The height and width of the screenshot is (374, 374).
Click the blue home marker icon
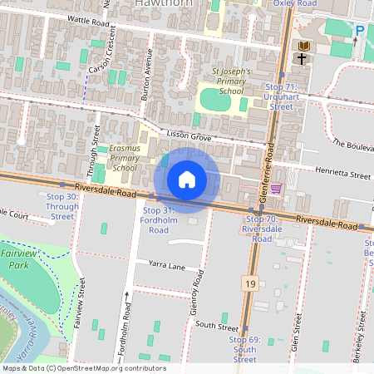[x=187, y=179]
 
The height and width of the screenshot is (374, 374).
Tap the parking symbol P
[x=360, y=31]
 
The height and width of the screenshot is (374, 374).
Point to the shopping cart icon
[x=276, y=189]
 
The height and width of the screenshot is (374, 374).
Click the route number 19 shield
[x=250, y=284]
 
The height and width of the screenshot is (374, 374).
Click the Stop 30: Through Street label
[x=62, y=206]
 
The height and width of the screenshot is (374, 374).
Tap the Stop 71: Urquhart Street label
[x=281, y=96]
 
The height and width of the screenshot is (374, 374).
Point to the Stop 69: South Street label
[x=244, y=350]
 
